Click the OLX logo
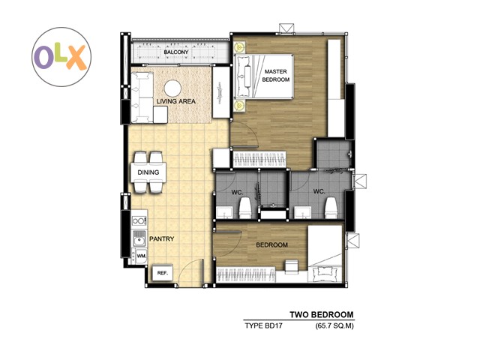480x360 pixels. (x=61, y=57)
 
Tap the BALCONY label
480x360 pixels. (x=176, y=52)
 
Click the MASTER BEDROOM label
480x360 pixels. (x=275, y=75)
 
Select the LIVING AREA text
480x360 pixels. (x=176, y=101)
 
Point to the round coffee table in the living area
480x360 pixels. (x=172, y=88)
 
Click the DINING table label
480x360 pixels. (x=148, y=172)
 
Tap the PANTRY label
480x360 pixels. (x=162, y=238)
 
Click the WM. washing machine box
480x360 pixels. (x=142, y=256)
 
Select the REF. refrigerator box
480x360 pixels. (x=163, y=273)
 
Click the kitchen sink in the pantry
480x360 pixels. (x=139, y=238)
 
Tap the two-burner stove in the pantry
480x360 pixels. (x=139, y=220)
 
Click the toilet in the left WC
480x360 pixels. (x=245, y=208)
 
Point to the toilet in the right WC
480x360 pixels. (x=331, y=208)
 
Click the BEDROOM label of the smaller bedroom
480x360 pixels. (x=271, y=245)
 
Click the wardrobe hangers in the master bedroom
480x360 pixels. (x=260, y=159)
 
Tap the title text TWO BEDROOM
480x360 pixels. (x=322, y=315)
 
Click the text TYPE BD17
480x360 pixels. (x=263, y=325)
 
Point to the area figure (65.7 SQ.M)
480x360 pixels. (x=334, y=326)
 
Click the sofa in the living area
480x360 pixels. (x=142, y=97)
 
